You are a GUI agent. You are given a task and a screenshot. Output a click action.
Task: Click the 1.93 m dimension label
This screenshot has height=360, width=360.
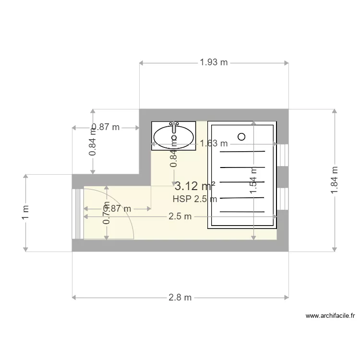click(214, 62)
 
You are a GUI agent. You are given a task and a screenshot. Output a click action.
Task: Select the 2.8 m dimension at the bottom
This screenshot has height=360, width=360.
click(180, 298)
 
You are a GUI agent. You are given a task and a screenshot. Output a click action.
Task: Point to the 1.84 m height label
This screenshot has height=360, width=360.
click(335, 180)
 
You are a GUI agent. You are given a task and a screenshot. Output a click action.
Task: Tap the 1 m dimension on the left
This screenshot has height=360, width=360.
click(25, 212)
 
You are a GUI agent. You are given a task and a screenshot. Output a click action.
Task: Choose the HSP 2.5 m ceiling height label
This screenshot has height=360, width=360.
click(194, 199)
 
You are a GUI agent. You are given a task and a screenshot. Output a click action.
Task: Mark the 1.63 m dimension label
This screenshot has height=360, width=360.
click(214, 143)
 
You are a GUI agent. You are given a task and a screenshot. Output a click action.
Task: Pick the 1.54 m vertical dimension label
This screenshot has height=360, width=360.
click(253, 180)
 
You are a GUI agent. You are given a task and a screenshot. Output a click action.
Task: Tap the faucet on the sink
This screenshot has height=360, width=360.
click(174, 125)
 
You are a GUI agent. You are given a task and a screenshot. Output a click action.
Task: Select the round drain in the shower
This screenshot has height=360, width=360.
click(241, 137)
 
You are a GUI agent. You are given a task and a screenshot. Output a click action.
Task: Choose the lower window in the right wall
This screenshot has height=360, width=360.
click(283, 199)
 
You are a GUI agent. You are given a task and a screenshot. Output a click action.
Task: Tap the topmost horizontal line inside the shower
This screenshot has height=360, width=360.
click(242, 152)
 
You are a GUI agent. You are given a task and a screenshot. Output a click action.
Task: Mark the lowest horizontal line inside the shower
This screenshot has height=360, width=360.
click(242, 212)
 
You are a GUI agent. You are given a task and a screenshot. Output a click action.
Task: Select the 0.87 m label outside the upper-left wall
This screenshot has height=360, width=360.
click(105, 128)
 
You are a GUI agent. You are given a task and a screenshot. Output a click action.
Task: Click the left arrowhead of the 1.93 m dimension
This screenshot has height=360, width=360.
click(141, 62)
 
